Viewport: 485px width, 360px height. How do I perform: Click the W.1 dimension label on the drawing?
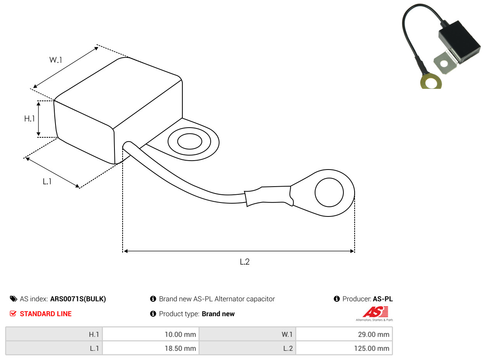point(55,60)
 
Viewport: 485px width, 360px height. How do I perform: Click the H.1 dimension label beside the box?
point(29,119)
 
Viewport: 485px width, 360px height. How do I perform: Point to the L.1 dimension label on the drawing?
point(47,181)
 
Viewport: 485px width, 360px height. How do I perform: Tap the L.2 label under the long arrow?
point(244,261)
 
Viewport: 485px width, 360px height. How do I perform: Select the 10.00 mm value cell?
point(151,334)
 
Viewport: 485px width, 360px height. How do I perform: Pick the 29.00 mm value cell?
point(344,334)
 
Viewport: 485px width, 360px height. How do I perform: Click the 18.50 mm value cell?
point(151,348)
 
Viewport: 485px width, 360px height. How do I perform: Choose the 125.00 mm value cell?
point(344,348)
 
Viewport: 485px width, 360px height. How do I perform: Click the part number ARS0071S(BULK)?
point(78,299)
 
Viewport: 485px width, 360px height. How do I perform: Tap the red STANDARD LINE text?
point(46,314)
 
